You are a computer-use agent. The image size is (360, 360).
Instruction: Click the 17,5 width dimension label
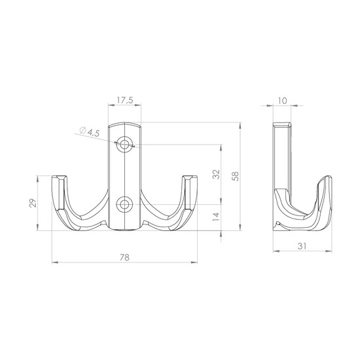point(125,100)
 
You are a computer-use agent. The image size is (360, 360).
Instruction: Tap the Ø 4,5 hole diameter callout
point(90,132)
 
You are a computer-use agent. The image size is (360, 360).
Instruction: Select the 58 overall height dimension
point(236,176)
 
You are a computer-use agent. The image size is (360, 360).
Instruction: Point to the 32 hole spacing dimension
point(216,174)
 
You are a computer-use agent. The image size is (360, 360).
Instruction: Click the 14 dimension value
point(216,217)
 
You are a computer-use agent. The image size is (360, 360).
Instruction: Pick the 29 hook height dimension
point(33,203)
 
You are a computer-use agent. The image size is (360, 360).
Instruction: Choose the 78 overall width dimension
point(124,257)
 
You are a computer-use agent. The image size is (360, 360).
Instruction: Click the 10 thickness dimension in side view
point(282,101)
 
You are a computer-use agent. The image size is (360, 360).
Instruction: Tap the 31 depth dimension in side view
point(302,246)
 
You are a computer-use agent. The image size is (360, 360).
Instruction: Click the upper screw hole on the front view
point(124,145)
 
